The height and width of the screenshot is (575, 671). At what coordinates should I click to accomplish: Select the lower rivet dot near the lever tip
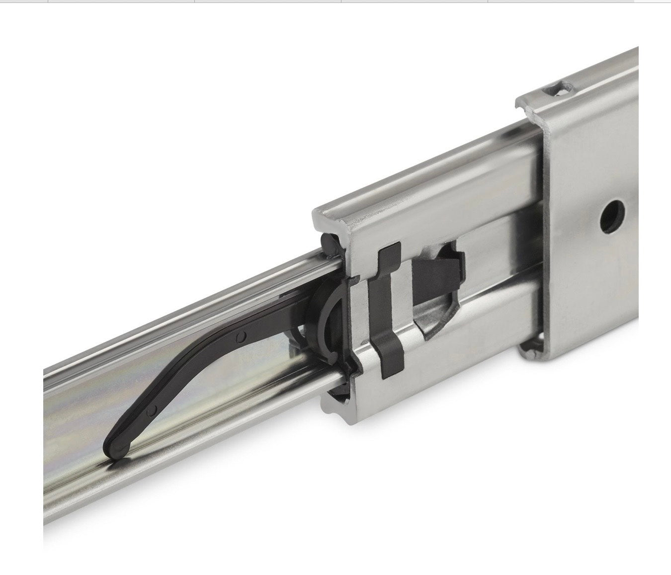155,410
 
